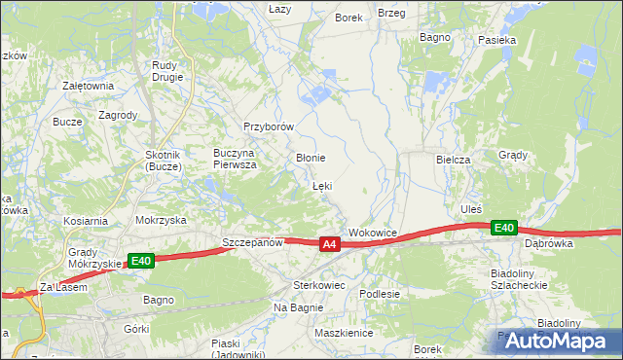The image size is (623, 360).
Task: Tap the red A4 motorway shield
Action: click(330, 244)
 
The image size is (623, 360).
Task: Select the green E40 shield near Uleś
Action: click(503, 228)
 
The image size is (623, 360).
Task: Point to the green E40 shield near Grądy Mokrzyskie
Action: click(141, 261)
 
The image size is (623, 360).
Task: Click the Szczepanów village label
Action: click(251, 242)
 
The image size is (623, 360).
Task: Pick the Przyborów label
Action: click(269, 126)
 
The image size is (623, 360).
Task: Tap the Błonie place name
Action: click(310, 158)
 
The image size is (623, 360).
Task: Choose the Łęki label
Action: click(322, 186)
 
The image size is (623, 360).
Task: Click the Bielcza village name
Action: click(454, 159)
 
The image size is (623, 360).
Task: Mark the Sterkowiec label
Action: click(319, 285)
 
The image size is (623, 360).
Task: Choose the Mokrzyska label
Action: click(161, 220)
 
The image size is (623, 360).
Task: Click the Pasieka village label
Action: click(496, 40)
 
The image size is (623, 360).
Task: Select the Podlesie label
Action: click(380, 293)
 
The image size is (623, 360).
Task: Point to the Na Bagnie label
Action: click(297, 307)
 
